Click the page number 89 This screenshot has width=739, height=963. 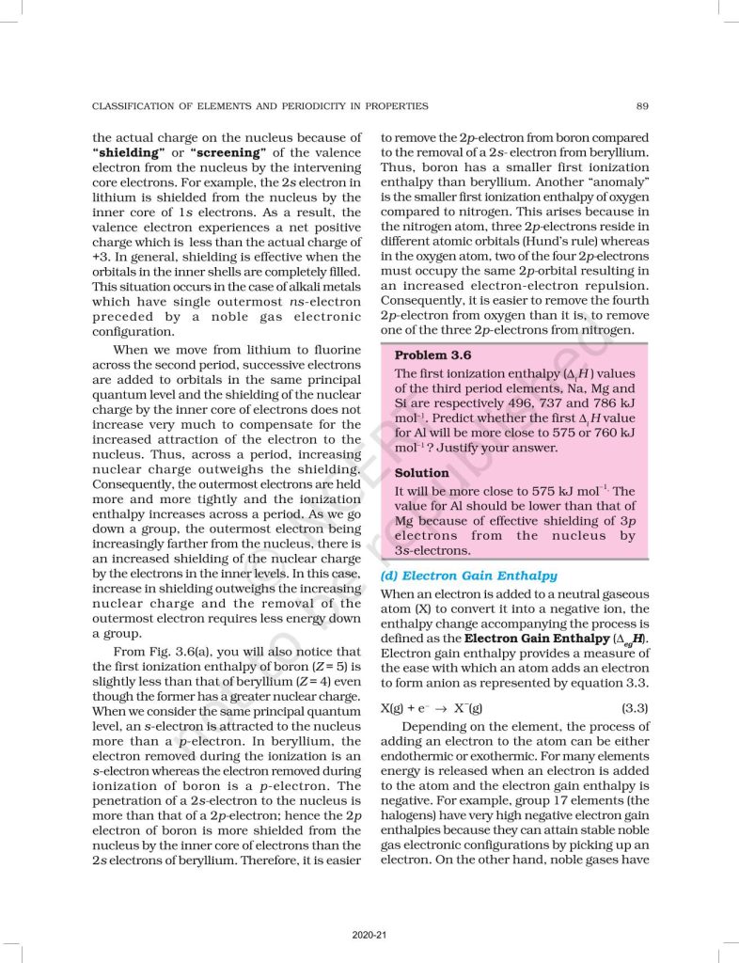pos(641,106)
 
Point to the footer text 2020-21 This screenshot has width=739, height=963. pos(369,934)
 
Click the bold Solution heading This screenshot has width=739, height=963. pos(423,473)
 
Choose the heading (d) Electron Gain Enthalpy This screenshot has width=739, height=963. pos(468,576)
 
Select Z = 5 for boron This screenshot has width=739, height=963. pos(326,667)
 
